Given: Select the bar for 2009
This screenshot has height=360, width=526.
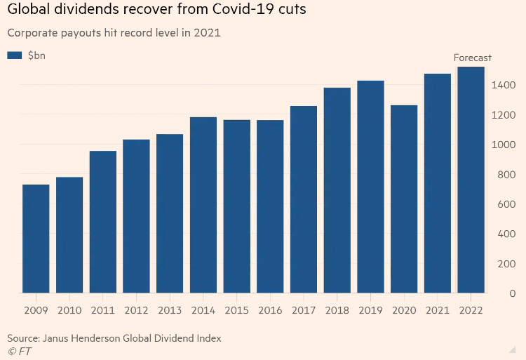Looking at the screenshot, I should pos(36,239).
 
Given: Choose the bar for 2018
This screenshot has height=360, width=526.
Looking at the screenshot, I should pos(337,190).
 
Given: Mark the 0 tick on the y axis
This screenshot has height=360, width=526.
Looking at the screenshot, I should pos(513,293).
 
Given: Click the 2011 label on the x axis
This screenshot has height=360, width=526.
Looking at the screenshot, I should pos(102,309).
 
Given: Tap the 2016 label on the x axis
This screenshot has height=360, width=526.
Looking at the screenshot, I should pos(270,309).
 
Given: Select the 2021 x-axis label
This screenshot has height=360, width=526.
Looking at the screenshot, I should pos(438,309).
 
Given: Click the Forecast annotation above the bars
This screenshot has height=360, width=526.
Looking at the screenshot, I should pos(473,58).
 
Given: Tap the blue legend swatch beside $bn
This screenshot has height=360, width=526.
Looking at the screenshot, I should pos(15,55).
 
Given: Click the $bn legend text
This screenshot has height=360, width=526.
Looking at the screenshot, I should pos(36,55).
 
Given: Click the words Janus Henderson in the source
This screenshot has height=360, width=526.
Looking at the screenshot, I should pos(81,338).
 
